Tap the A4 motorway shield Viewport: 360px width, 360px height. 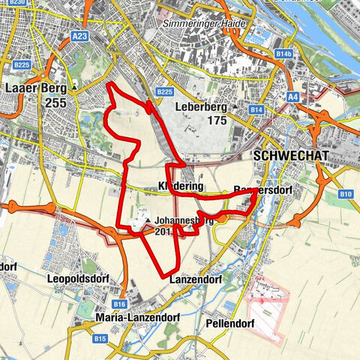[x=292, y=96]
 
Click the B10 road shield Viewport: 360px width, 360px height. [x=345, y=194]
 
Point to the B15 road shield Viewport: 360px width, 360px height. [x=100, y=339]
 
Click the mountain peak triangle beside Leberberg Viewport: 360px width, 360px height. [x=235, y=106]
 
